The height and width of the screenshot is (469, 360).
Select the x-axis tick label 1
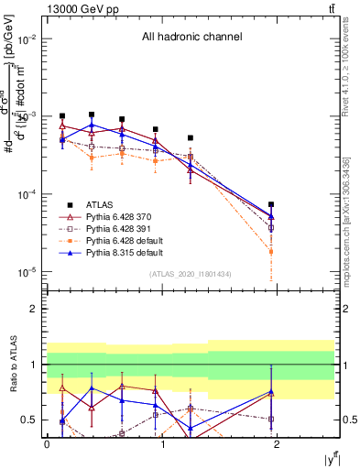tap(162, 443)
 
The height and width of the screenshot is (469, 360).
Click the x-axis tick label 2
tap(277, 443)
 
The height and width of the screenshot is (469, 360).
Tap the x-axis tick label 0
tap(48, 443)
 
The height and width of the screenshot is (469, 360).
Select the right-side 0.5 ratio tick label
tap(348, 420)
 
